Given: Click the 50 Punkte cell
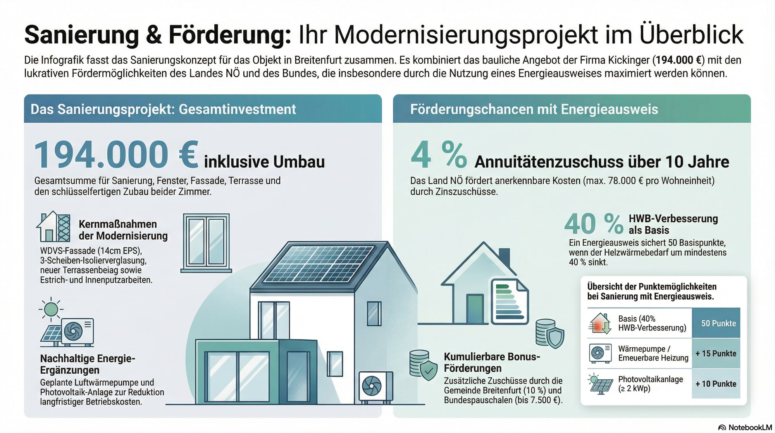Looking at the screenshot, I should click(x=718, y=323).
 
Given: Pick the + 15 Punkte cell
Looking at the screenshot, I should click(x=716, y=353).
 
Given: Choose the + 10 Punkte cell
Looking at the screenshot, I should click(x=716, y=384).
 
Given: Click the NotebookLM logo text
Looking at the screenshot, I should click(x=750, y=427).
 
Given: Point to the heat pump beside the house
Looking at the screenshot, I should click(x=375, y=386).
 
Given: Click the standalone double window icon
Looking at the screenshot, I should click(x=206, y=242).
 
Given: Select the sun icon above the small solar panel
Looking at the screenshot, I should click(x=51, y=309).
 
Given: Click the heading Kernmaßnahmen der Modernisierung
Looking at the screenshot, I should click(x=123, y=230).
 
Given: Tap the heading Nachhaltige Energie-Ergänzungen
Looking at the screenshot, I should click(x=88, y=364).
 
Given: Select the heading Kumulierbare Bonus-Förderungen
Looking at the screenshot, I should click(x=492, y=362).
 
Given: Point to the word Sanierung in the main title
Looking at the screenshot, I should click(x=82, y=35).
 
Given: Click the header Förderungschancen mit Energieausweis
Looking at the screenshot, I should click(x=534, y=109).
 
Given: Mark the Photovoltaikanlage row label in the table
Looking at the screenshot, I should click(x=650, y=384).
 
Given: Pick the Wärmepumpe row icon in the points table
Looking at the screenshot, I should click(x=600, y=353).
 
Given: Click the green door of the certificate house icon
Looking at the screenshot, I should click(x=475, y=308).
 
